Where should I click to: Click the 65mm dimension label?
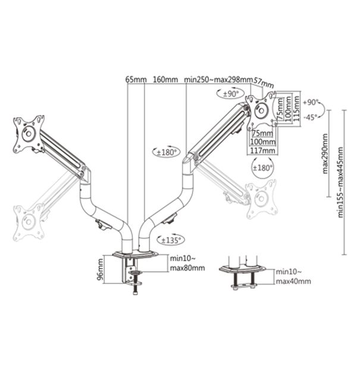(x=135, y=80)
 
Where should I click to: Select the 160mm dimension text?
(x=165, y=80)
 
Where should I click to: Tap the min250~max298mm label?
(x=218, y=80)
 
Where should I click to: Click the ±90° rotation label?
(x=230, y=94)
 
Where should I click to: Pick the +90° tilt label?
(x=311, y=102)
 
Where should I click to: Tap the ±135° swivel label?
(x=172, y=240)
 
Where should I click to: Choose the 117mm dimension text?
(x=262, y=151)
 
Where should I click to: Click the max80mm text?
(x=186, y=268)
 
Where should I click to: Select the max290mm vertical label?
(x=325, y=154)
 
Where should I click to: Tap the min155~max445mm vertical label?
(x=340, y=181)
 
